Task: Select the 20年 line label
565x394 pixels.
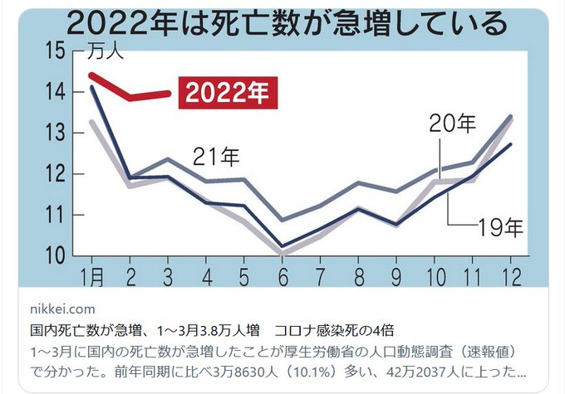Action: coord(454,124)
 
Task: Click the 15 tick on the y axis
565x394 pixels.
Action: coord(56,51)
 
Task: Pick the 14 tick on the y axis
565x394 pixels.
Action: coord(56,92)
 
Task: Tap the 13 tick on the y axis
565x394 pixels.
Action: coord(56,133)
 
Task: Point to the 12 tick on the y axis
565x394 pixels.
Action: coord(56,174)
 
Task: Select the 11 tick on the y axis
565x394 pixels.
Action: coord(56,215)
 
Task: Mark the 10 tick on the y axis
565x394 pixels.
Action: coord(56,255)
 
